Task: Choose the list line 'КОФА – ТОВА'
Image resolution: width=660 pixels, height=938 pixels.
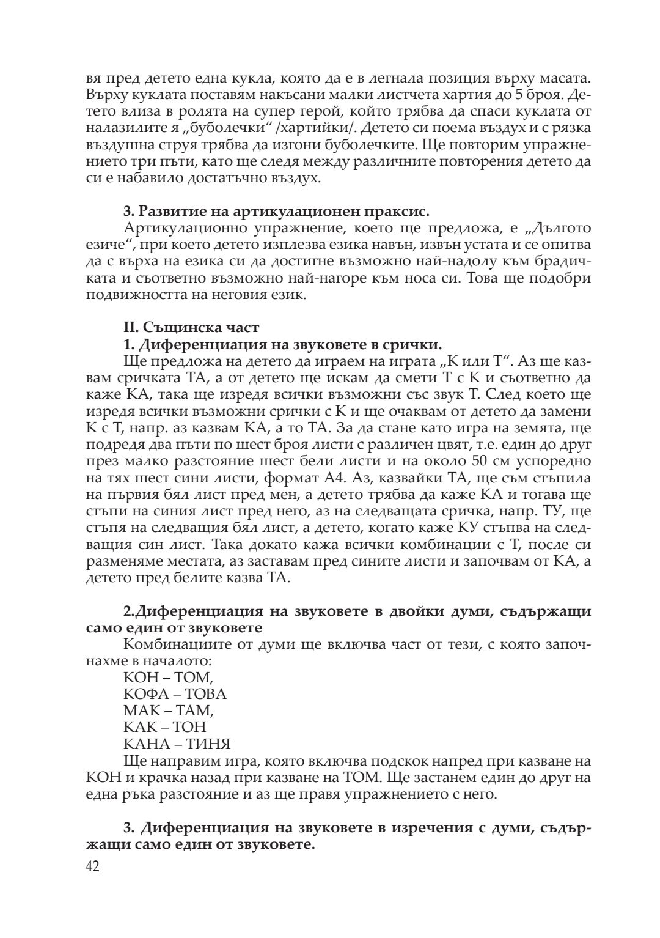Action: click(x=175, y=694)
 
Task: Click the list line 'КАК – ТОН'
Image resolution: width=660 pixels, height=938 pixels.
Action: click(x=165, y=727)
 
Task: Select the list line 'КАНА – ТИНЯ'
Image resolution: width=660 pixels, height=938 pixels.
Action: click(x=177, y=744)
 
